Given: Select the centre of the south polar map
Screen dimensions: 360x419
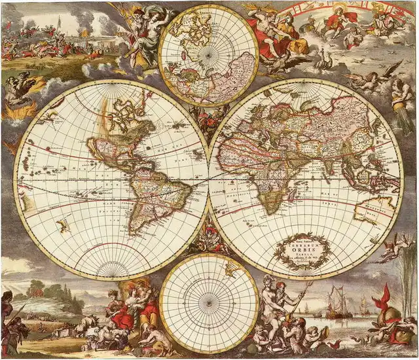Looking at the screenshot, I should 209,304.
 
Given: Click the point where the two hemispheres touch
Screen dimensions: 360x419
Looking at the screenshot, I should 209,179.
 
